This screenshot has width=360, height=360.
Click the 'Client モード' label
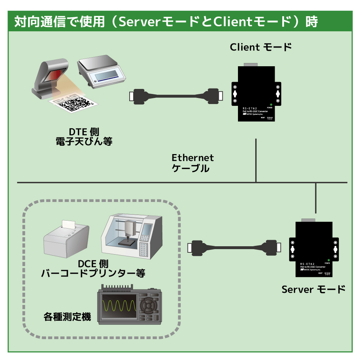(261, 47)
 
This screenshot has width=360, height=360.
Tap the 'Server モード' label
(313, 289)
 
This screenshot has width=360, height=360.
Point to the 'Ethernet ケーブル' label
(193, 163)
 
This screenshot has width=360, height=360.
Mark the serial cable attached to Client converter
(175, 95)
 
